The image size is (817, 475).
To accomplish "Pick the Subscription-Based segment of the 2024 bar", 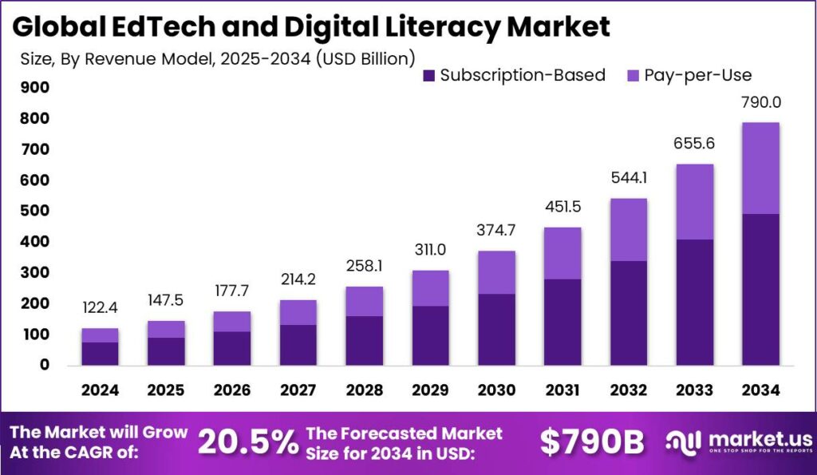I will point(100,353).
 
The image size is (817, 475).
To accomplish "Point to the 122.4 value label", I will point(100,307).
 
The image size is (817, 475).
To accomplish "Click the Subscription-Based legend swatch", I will point(428,76).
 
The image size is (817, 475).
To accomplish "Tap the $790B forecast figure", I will point(591,442).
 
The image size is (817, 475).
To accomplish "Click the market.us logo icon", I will point(685,441).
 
